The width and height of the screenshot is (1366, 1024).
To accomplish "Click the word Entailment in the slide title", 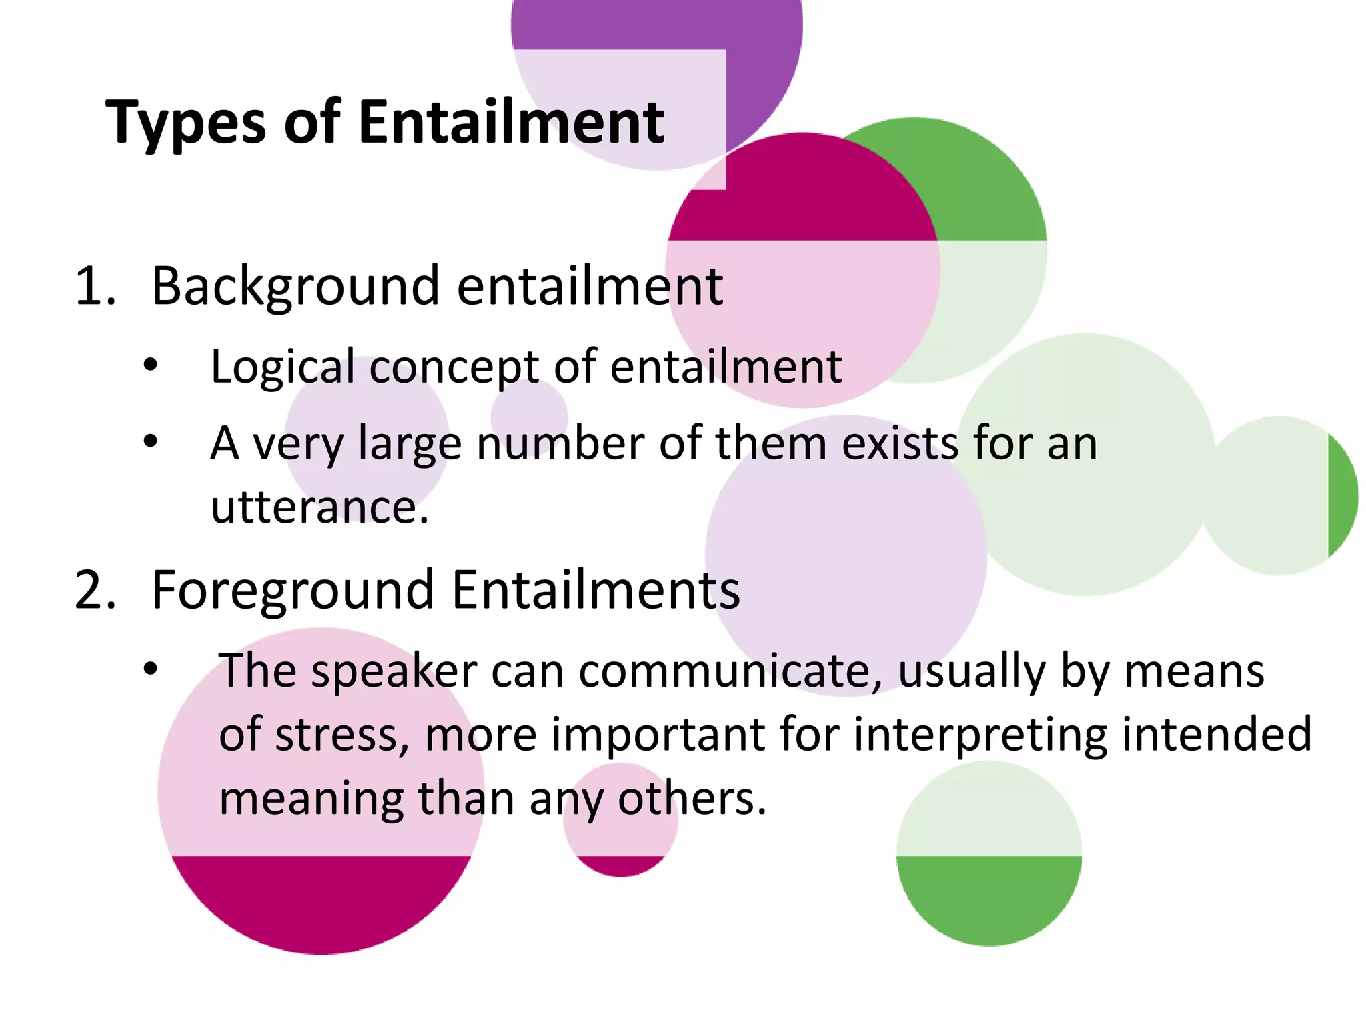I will pyautogui.click(x=511, y=122).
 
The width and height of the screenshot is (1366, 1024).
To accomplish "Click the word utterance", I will pyautogui.click(x=319, y=507).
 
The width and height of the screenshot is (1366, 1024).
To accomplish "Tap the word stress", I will pyautogui.click(x=337, y=734).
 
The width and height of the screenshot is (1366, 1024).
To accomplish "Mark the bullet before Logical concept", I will pyautogui.click(x=151, y=365).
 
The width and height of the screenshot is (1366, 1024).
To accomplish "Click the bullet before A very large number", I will pyautogui.click(x=151, y=441).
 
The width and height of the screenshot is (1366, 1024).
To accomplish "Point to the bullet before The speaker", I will pyautogui.click(x=151, y=668).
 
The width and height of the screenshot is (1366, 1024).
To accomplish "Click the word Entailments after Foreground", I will pyautogui.click(x=596, y=591).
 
